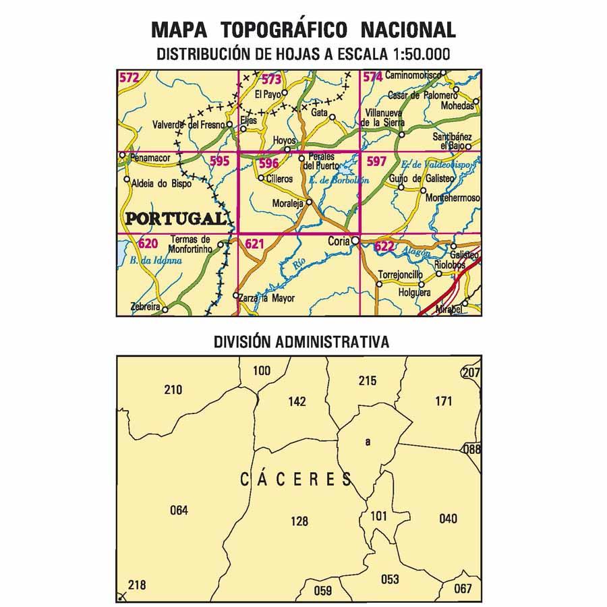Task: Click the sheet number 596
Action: pyautogui.click(x=268, y=163)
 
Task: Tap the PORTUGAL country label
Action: pyautogui.click(x=175, y=218)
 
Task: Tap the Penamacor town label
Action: pyautogui.click(x=150, y=157)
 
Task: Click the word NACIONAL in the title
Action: pyautogui.click(x=408, y=30)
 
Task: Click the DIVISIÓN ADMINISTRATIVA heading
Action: pyautogui.click(x=301, y=342)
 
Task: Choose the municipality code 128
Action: pyautogui.click(x=299, y=521)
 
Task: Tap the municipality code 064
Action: pyautogui.click(x=179, y=510)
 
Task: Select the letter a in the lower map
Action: pyautogui.click(x=368, y=442)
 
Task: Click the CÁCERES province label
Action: pyautogui.click(x=297, y=480)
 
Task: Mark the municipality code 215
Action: pyautogui.click(x=368, y=381)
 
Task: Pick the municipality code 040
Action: pyautogui.click(x=448, y=518)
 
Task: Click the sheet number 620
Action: pyautogui.click(x=148, y=243)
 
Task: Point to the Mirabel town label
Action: pyautogui.click(x=449, y=308)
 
